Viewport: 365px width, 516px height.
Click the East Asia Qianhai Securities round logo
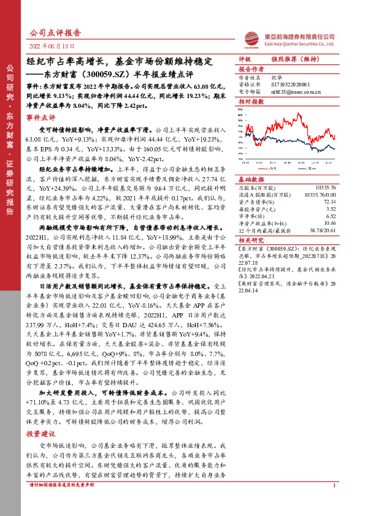click(252, 39)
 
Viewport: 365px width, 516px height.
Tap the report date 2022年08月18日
click(52, 47)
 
